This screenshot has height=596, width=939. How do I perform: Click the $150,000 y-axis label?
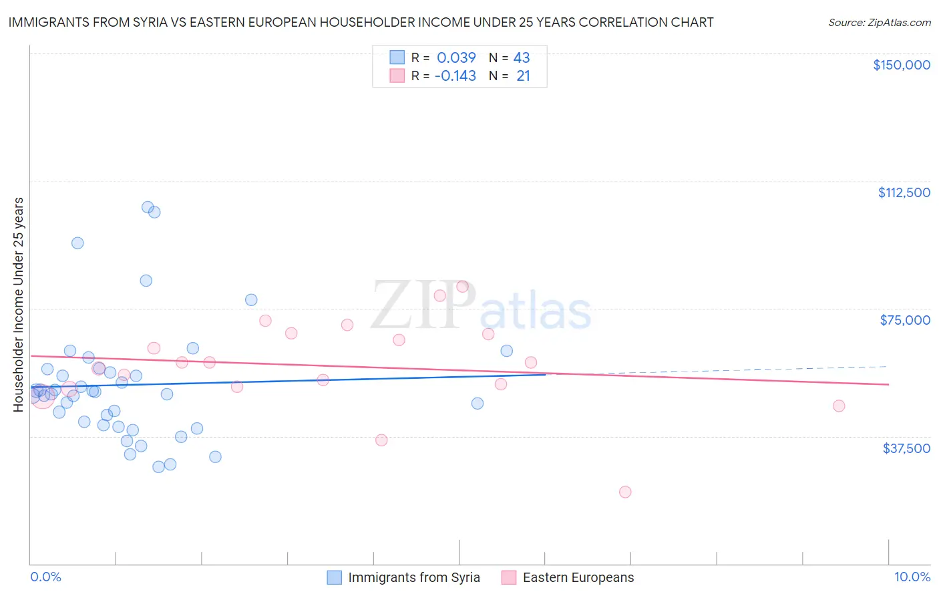[901, 65]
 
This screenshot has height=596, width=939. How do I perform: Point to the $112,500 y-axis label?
[904, 192]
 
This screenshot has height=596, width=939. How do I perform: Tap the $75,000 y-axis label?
[905, 320]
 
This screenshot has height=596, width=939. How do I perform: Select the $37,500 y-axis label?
[906, 448]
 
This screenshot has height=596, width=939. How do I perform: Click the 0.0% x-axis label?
[45, 577]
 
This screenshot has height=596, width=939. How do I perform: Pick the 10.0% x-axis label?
[912, 577]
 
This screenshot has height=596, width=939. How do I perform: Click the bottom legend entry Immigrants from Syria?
[413, 577]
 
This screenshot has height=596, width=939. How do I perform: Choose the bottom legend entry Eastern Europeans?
[578, 577]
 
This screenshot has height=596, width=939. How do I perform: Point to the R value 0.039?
[456, 57]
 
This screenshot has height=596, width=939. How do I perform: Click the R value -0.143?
[455, 76]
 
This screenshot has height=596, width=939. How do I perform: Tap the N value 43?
[522, 57]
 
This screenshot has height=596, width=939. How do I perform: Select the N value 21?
[523, 76]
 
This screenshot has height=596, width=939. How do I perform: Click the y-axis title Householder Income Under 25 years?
[18, 304]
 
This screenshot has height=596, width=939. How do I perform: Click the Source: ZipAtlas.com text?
[879, 23]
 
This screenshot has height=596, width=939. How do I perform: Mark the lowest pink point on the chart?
[625, 492]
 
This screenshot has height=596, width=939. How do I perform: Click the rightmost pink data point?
[839, 406]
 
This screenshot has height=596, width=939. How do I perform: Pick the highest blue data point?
[148, 207]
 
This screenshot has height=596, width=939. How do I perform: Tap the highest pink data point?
[462, 286]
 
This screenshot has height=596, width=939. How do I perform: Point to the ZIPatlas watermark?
[481, 306]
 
